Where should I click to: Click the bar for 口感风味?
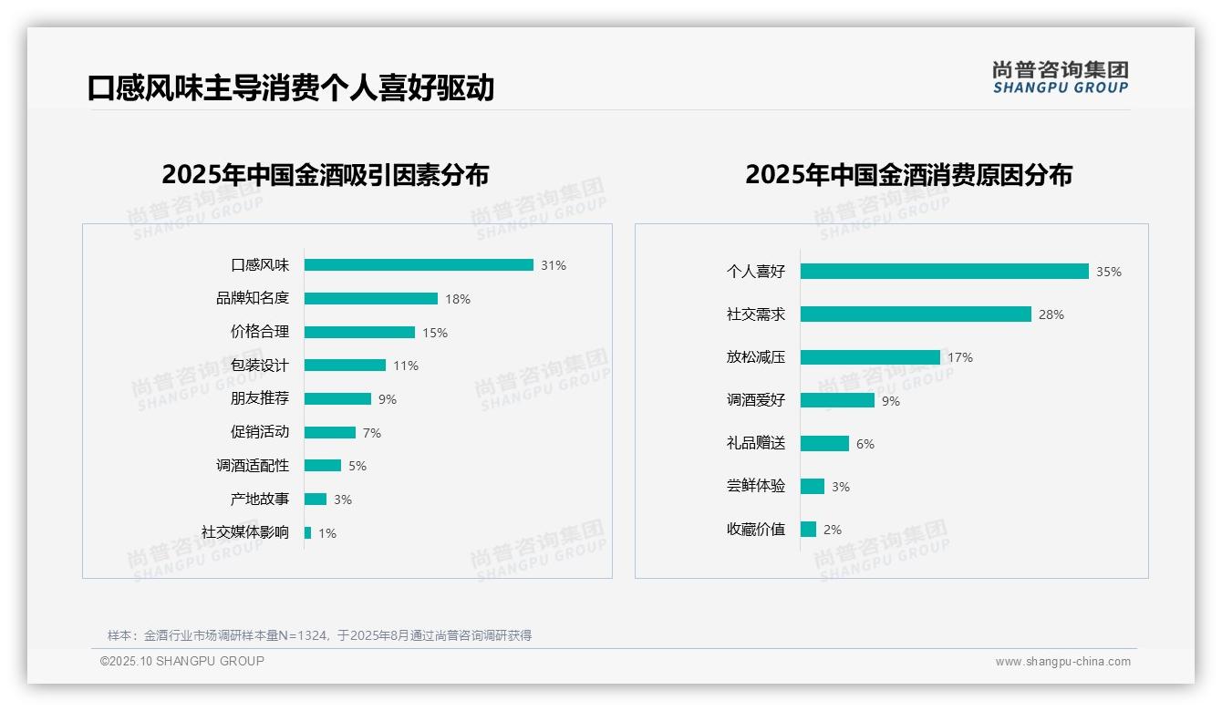click(x=419, y=265)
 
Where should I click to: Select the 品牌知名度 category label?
click(x=253, y=298)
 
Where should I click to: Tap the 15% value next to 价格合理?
click(x=434, y=333)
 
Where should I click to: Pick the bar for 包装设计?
click(x=345, y=366)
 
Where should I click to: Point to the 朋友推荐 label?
click(x=260, y=398)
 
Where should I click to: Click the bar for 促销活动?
click(x=330, y=432)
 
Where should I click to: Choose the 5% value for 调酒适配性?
click(x=357, y=466)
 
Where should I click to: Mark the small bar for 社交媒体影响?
click(x=308, y=532)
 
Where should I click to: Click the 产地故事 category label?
click(x=260, y=499)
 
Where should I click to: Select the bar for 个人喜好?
click(x=944, y=272)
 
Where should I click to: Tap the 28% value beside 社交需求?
click(x=1051, y=314)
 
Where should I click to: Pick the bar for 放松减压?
click(x=870, y=357)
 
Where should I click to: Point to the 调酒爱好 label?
click(x=756, y=400)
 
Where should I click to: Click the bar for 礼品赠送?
click(x=824, y=443)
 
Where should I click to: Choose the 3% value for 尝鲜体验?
click(x=840, y=487)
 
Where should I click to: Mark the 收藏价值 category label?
click(x=756, y=529)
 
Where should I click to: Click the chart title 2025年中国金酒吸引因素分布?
click(x=326, y=175)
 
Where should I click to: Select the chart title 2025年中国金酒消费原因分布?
click(x=908, y=175)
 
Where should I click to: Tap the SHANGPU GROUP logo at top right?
click(x=1061, y=77)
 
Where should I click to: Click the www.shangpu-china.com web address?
click(x=1062, y=662)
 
